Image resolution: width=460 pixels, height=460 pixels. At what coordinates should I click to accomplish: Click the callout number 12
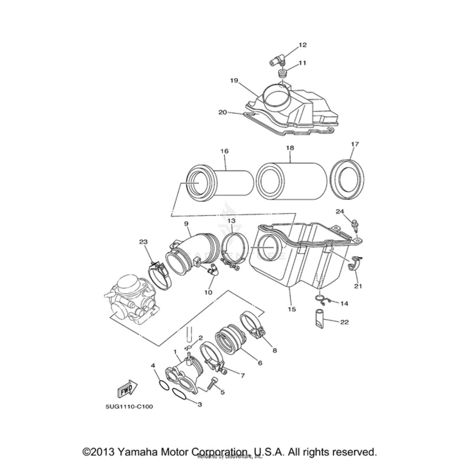[x=302, y=44]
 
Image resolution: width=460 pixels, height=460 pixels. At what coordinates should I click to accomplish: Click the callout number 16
[x=224, y=151]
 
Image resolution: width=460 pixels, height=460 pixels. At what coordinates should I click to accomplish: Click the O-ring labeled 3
[x=180, y=397]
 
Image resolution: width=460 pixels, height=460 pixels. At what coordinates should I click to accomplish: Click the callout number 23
[x=143, y=242]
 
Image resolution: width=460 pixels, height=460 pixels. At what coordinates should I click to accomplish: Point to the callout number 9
[x=186, y=223]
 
